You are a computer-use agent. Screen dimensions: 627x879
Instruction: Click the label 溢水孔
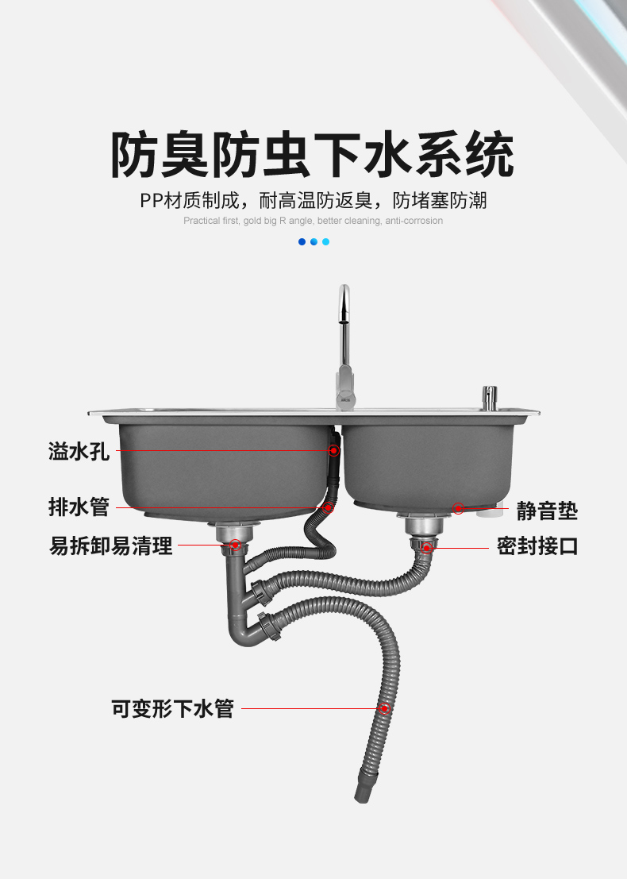tap(79, 451)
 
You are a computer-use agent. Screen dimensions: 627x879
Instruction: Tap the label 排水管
tap(79, 507)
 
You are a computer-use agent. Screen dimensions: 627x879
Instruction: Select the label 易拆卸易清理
tap(111, 546)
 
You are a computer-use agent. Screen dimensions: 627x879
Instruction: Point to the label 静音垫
tap(547, 511)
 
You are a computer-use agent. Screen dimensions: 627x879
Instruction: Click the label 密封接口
tap(537, 546)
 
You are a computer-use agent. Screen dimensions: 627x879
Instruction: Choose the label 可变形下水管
tap(172, 708)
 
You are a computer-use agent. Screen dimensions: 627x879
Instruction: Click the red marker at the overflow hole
tap(334, 450)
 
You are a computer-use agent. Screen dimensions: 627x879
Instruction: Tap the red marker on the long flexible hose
tap(384, 708)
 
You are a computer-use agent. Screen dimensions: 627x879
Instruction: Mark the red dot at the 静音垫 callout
tap(458, 508)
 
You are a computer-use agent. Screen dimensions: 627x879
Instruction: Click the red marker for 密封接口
tap(427, 546)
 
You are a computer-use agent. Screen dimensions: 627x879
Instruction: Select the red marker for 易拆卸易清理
tap(235, 545)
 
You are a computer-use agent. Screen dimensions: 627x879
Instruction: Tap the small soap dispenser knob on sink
tap(489, 395)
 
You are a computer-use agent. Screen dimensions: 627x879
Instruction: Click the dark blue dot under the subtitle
tap(302, 241)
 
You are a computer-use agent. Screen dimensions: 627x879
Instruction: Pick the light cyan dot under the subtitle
tap(325, 241)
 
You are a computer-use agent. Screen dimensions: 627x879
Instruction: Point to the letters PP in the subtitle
tap(151, 200)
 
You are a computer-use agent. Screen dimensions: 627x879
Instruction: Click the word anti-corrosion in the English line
tap(414, 221)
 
